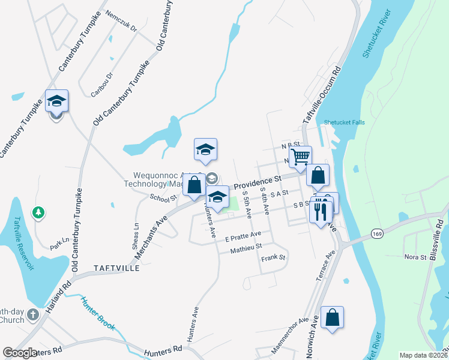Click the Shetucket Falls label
pos(344,122)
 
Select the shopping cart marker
pos(301,157)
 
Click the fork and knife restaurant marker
pos(321,211)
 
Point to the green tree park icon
pos(38,212)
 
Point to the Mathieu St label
pos(246,247)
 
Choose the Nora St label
pos(415,257)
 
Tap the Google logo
pos(20,353)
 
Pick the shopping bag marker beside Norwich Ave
pos(332,318)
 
